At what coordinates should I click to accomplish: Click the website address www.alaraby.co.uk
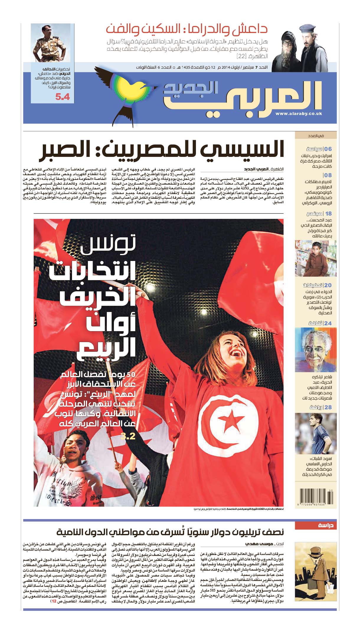click(299, 114)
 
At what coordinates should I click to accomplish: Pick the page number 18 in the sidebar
click(328, 213)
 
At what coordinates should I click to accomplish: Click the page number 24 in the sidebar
click(328, 323)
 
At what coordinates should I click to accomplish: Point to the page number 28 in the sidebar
click(328, 407)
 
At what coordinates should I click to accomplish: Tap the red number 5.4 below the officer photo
click(63, 97)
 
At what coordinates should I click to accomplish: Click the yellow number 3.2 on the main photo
click(128, 436)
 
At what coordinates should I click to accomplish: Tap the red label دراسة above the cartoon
click(326, 525)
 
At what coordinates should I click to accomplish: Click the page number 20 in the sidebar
click(328, 285)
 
